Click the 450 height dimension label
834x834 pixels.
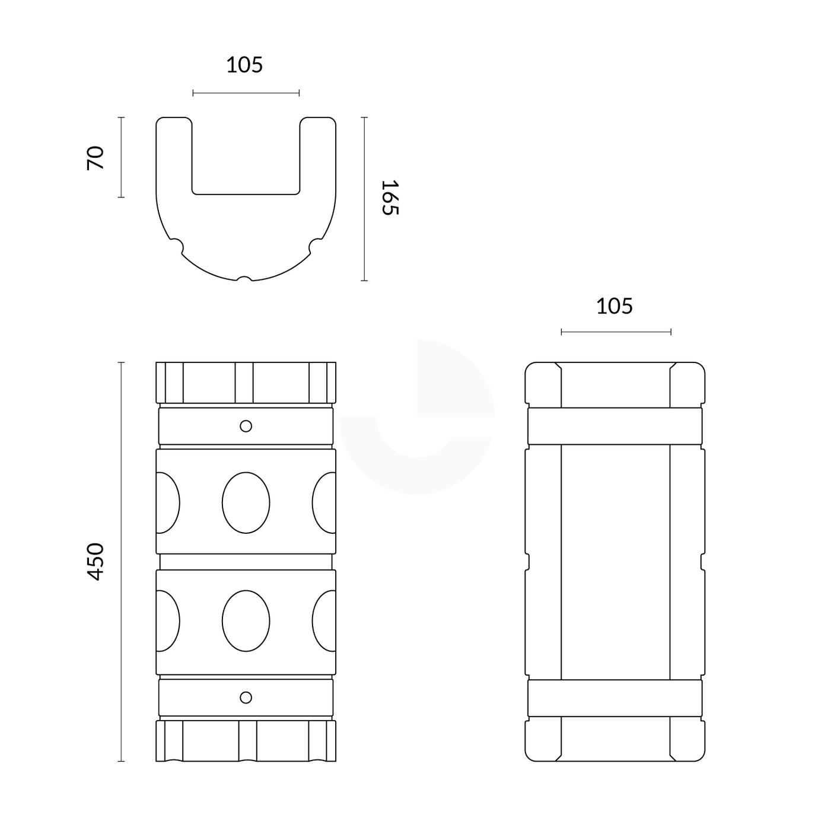[x=95, y=561]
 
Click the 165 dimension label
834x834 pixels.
[x=390, y=198]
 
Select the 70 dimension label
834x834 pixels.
[x=95, y=158]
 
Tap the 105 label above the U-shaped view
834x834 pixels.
[x=244, y=65]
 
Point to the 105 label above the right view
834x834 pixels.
[x=615, y=306]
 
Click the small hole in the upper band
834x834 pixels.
[x=246, y=426]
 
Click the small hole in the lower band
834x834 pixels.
[x=246, y=698]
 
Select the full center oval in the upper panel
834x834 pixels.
[x=246, y=502]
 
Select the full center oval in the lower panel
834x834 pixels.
[x=246, y=621]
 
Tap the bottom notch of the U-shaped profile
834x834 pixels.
[x=244, y=278]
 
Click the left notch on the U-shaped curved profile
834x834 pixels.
[x=177, y=245]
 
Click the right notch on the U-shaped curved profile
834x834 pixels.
[x=316, y=245]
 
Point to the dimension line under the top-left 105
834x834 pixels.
[x=246, y=93]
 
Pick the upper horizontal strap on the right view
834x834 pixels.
[x=615, y=426]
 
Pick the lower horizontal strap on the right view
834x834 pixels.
[x=615, y=699]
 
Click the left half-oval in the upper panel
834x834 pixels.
[x=167, y=502]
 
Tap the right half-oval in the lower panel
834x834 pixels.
[x=324, y=621]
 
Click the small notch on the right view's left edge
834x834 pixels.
[x=528, y=561]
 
